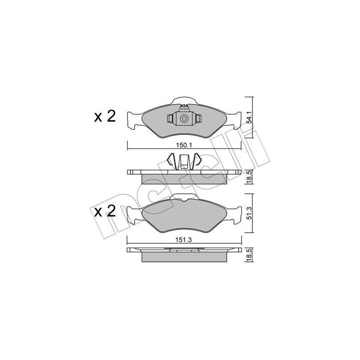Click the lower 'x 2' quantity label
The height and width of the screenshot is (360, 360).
coord(105,211)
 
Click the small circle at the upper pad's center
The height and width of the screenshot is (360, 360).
coord(184,119)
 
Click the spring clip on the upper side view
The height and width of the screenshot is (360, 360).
coord(184,161)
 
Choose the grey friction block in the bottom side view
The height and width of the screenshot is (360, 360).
coord(184,257)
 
